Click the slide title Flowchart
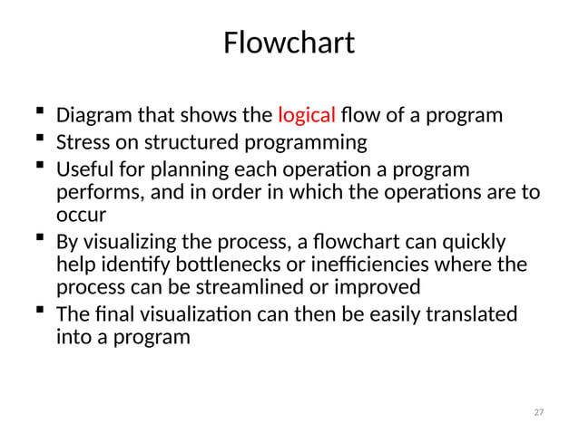point(289,43)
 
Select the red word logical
point(309,116)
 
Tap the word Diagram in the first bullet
point(91,117)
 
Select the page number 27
point(538,412)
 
